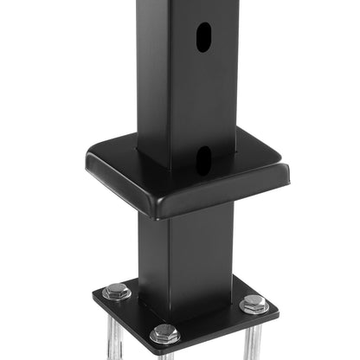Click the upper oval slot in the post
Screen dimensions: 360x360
tap(202, 37)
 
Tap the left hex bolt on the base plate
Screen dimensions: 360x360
tap(116, 292)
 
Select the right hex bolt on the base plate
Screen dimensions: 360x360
tap(254, 304)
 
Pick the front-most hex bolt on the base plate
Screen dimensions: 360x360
tap(164, 334)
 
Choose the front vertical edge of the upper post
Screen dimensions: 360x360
tap(169, 87)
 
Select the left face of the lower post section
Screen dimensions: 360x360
tap(152, 251)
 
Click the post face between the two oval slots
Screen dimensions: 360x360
tap(202, 100)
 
